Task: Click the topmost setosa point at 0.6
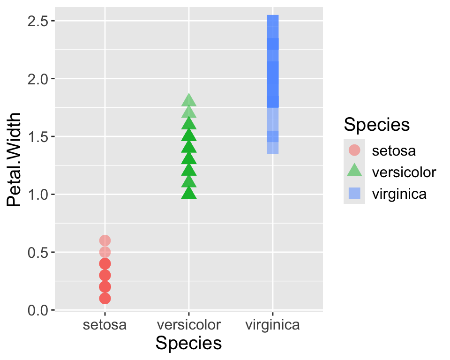point(105,240)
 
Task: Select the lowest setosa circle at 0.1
point(105,298)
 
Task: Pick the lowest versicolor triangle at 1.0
point(188,193)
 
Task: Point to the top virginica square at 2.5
point(273,21)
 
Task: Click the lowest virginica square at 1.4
point(273,148)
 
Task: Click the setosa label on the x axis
point(105,325)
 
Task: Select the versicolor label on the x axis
point(188,325)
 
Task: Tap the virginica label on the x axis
point(273,325)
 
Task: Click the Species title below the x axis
point(188,344)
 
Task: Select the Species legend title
point(376,125)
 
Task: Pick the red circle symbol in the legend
point(355,150)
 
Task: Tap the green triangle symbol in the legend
point(355,172)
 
